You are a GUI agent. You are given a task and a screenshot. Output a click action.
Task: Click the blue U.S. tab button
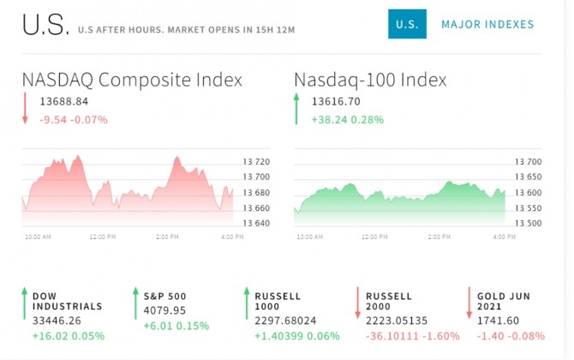click(x=407, y=24)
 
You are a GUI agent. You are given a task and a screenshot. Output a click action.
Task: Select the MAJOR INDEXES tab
click(x=487, y=25)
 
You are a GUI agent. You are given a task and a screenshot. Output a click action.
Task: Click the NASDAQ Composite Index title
click(x=132, y=80)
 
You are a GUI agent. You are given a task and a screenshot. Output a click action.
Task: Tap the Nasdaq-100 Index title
click(x=370, y=80)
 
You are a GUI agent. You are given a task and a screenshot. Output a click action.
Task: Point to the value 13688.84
click(x=64, y=102)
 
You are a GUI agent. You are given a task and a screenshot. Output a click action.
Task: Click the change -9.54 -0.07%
click(x=74, y=119)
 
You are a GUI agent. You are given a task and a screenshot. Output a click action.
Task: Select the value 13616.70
click(x=336, y=102)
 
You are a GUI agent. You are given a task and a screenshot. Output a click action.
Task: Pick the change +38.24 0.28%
click(x=348, y=119)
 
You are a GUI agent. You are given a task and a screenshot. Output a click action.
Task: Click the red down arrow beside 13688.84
click(x=26, y=110)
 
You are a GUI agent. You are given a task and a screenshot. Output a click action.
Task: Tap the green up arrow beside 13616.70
click(x=297, y=110)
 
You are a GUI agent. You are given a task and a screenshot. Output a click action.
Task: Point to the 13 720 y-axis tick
click(x=256, y=162)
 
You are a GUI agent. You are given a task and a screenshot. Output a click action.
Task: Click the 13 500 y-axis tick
click(x=528, y=223)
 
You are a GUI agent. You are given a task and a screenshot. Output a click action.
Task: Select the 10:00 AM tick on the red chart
click(x=38, y=237)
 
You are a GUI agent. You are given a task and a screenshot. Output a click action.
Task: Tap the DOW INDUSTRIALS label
click(x=67, y=301)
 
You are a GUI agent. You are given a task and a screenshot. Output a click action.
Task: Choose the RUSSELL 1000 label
click(x=278, y=301)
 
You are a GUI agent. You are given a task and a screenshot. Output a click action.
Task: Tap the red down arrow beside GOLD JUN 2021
click(x=469, y=303)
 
